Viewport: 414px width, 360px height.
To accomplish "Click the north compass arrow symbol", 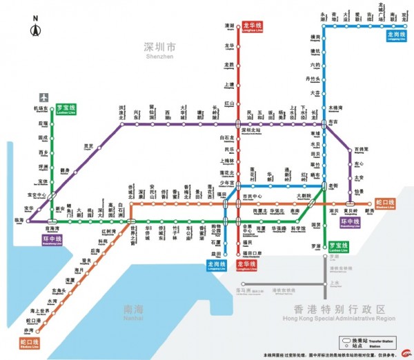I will coord(35,30).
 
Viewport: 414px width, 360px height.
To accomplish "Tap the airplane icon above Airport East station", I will coord(45,97).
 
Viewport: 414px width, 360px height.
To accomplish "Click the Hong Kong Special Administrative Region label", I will coord(338,311).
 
